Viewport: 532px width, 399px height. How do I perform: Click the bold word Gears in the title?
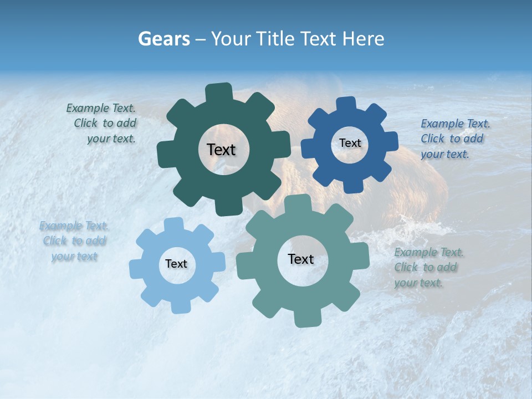point(164,39)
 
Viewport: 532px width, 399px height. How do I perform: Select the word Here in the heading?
point(363,39)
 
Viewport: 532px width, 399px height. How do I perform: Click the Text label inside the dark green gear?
point(221,150)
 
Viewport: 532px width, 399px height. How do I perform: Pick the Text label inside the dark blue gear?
point(350,143)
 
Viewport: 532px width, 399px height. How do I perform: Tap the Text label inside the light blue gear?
point(176,264)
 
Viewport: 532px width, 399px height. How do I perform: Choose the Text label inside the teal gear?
point(301,259)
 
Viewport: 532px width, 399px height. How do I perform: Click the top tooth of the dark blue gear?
point(347,104)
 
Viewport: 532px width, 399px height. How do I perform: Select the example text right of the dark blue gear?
point(454,139)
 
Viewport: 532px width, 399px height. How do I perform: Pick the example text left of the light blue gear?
point(74,241)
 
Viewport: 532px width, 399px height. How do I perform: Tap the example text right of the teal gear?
point(428,268)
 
